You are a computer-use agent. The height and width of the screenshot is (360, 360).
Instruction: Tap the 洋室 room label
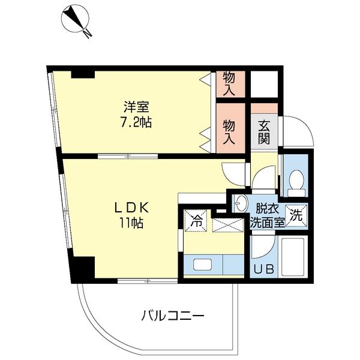[x=137, y=108]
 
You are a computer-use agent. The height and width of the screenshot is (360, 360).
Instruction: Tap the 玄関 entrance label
[x=265, y=133]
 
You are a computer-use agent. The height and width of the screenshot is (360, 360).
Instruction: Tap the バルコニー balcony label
[x=173, y=314]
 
